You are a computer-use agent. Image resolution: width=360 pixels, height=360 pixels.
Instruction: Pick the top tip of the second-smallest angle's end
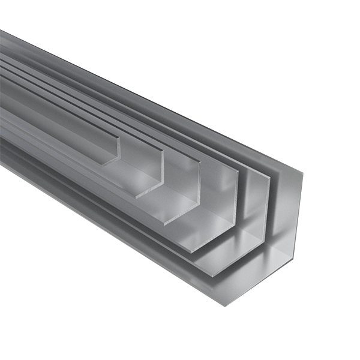161,149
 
